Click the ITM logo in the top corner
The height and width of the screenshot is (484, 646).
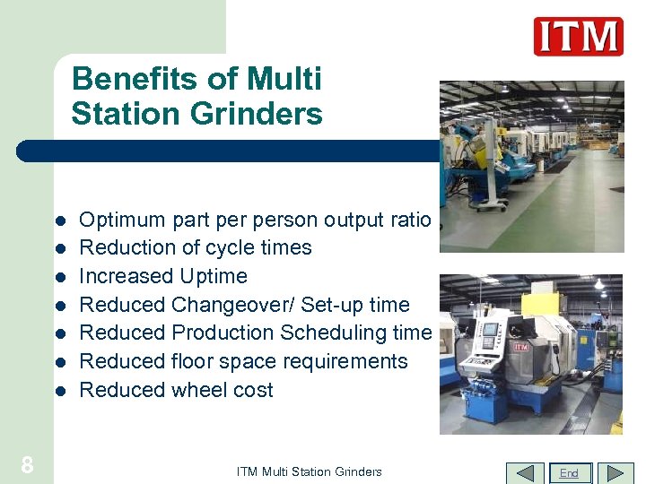coord(578,37)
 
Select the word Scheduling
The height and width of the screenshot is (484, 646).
coord(332,333)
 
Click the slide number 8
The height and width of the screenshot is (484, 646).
coord(27,465)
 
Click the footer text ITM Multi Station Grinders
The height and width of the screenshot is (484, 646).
coord(309,471)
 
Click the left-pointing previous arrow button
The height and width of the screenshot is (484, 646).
coord(525,472)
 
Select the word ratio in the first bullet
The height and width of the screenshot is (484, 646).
coord(410,220)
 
